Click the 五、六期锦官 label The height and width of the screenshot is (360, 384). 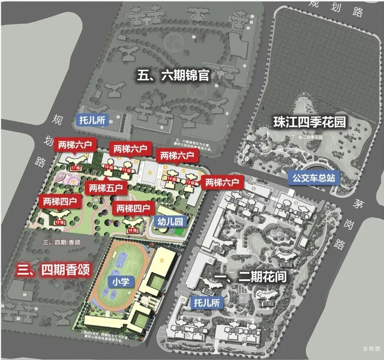tap(173, 75)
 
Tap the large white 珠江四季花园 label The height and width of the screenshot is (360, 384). tap(309, 122)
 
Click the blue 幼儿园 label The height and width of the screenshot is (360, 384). tap(170, 222)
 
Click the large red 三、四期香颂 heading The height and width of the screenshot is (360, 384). tap(53, 269)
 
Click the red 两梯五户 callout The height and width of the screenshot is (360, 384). tap(106, 187)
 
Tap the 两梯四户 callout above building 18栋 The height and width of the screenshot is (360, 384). tap(133, 208)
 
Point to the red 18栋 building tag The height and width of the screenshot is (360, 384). tap(132, 230)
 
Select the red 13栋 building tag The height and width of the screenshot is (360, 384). tap(190, 182)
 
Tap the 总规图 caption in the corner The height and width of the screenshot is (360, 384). tap(371, 349)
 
